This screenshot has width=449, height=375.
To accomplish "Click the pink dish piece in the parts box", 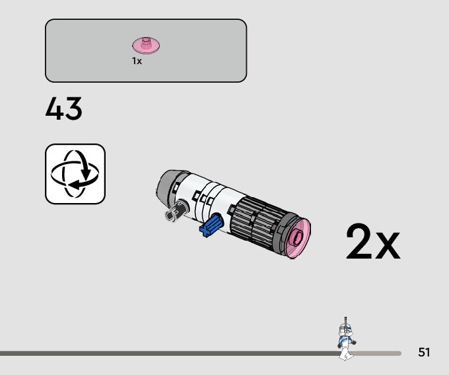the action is [147, 46].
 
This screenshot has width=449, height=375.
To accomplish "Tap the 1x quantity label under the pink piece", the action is [137, 61].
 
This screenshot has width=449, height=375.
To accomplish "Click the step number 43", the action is [64, 109].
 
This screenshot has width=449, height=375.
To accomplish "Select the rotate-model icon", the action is [75, 174].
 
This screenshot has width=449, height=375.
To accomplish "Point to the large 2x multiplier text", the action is [372, 243].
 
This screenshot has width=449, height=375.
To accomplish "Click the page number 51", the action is [424, 353].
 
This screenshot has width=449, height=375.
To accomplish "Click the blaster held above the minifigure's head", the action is [343, 321].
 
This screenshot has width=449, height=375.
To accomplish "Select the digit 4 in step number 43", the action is [55, 109].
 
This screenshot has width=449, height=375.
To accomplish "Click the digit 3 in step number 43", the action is [73, 109].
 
